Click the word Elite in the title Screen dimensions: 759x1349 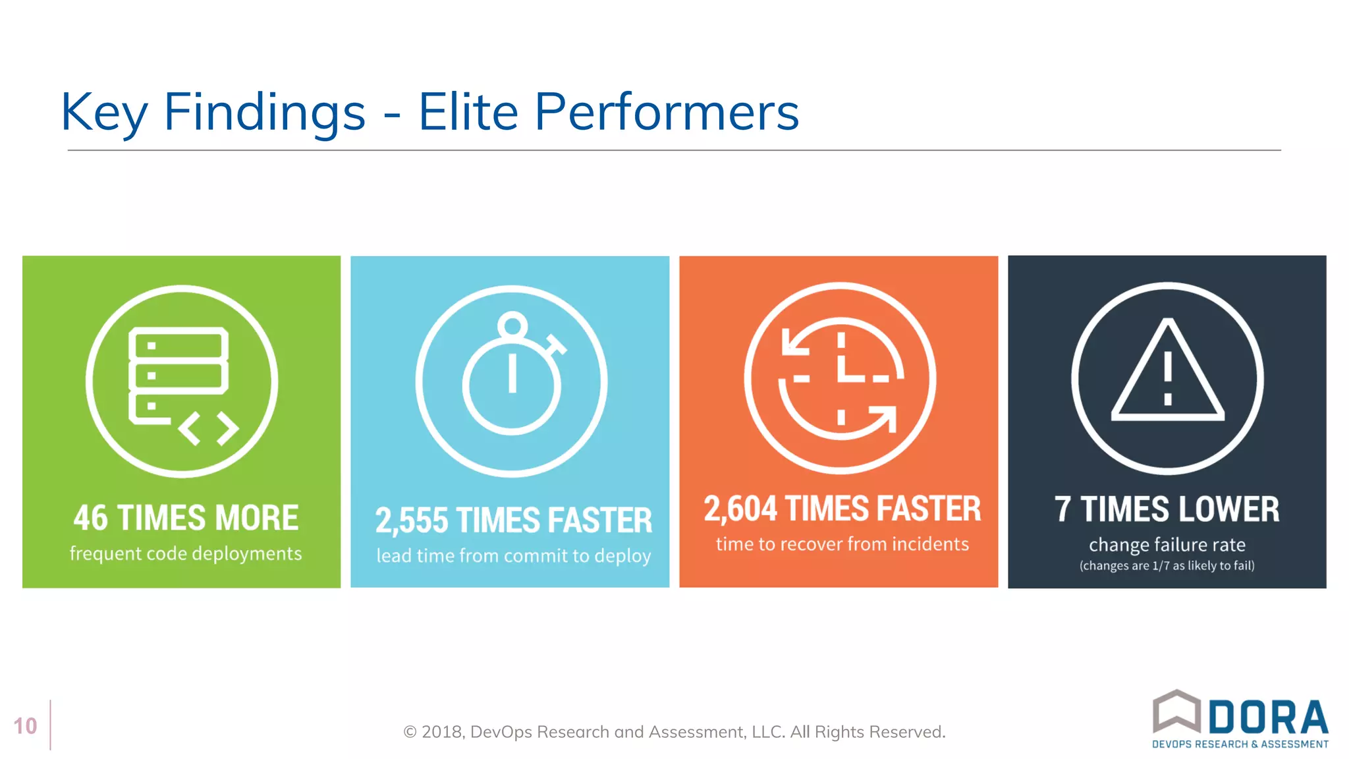click(468, 112)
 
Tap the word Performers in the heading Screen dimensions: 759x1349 click(666, 112)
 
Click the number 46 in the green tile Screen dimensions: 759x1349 click(90, 518)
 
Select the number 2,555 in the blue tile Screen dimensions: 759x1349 click(412, 520)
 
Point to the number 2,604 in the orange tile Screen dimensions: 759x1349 click(740, 509)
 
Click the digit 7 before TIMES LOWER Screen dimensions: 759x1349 click(1062, 509)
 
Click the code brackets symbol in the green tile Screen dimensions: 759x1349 click(208, 428)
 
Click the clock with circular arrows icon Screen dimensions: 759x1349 click(840, 378)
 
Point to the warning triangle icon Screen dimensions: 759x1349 click(1167, 372)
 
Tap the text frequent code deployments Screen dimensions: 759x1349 click(186, 553)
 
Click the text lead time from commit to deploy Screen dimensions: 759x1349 click(513, 556)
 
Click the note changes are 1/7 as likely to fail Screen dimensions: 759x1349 click(1167, 565)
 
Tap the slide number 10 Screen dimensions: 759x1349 click(25, 726)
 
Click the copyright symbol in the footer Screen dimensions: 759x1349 click(410, 732)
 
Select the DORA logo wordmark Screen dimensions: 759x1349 click(1268, 718)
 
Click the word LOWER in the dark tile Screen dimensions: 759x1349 click(1229, 509)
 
